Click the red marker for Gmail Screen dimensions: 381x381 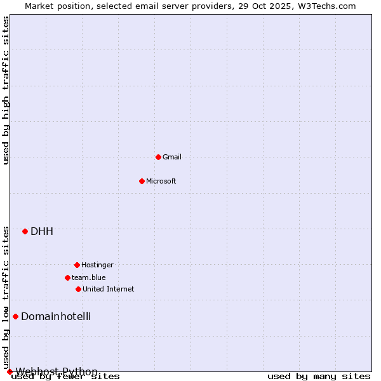point(158,157)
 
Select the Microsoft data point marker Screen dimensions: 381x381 point(142,181)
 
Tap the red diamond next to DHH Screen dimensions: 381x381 point(25,231)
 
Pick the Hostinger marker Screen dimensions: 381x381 point(77,265)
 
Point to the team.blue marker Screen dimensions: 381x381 point(67,277)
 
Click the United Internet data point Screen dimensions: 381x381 point(78,289)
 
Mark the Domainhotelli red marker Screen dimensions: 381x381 point(15,316)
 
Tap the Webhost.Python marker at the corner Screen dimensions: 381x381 point(10,371)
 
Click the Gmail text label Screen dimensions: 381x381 point(172,157)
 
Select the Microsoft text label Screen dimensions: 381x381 point(161,181)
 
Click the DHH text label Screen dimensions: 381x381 point(42,231)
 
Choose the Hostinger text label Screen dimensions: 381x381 point(97,265)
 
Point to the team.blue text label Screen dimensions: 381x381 point(89,277)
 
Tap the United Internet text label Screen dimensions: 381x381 point(109,289)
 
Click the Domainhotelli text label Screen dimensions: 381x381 point(56,316)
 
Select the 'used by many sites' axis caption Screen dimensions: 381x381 point(319,376)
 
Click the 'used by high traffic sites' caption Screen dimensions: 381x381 point(6,90)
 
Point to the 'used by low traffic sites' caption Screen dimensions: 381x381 point(6,297)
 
